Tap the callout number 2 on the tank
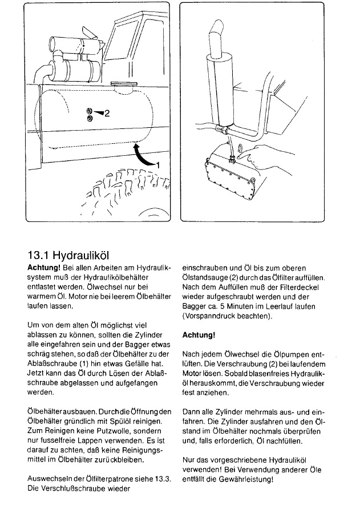point(107,113)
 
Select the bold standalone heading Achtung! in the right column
point(199,335)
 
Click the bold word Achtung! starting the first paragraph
point(45,267)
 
